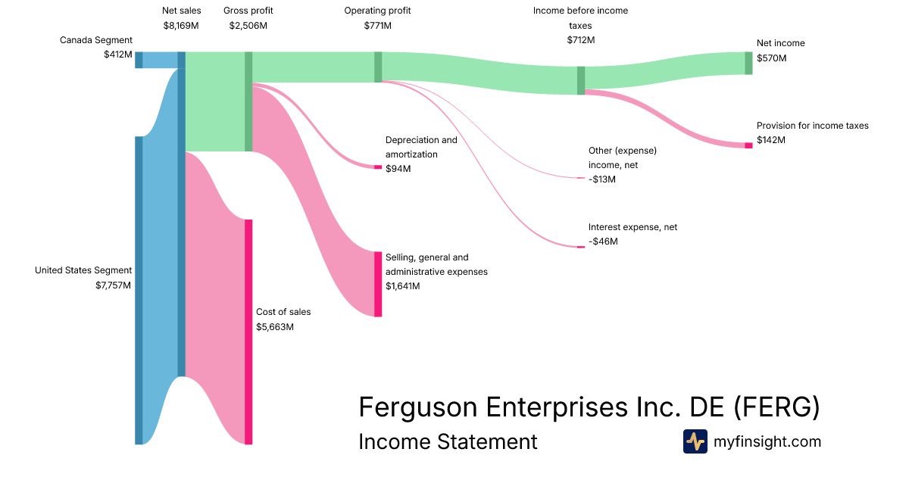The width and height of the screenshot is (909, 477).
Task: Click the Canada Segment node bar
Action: pos(139,60)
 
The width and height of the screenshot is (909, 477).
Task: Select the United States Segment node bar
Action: pos(139,290)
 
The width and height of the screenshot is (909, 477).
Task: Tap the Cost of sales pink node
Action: pos(248,332)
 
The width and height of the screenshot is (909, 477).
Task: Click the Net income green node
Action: pos(748,63)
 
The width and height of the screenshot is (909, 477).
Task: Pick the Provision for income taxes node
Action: pos(748,145)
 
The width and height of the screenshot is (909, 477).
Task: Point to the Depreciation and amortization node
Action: pos(378,167)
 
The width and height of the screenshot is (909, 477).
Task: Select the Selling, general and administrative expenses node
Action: pos(378,284)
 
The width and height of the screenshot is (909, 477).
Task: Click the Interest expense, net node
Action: pos(581,246)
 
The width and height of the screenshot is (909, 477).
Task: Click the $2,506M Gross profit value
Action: pos(248,25)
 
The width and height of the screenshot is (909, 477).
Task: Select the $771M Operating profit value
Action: pos(377,25)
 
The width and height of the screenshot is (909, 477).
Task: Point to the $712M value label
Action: pos(580,39)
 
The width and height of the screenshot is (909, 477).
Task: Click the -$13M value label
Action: pos(602,179)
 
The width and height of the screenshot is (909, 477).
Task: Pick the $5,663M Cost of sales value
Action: pos(275,327)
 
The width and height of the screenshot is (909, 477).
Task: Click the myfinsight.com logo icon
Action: pos(695,441)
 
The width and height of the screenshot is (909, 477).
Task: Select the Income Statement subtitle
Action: pos(448,441)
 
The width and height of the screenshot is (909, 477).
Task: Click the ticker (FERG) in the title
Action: pos(776,407)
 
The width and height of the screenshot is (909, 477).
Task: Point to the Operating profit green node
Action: pos(378,67)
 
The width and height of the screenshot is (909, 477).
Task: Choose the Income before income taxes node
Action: pos(581,80)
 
